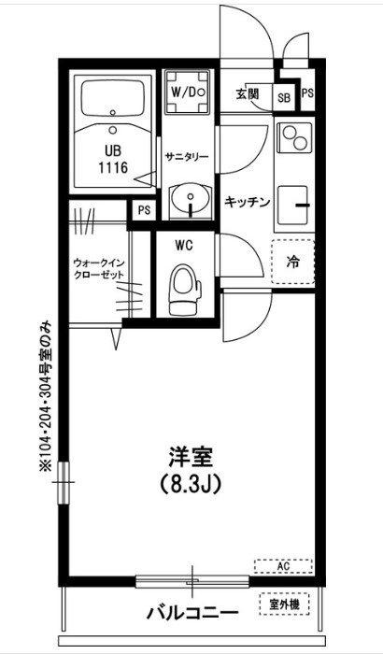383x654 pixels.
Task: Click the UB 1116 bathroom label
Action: [x=111, y=160]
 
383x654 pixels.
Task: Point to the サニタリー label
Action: [x=185, y=156]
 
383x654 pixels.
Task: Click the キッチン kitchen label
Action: [x=248, y=200]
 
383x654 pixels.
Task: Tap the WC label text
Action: [x=183, y=247]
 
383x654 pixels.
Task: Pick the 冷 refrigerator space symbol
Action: [x=292, y=262]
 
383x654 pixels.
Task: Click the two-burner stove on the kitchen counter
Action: [x=295, y=137]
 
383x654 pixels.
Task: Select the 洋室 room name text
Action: [x=191, y=458]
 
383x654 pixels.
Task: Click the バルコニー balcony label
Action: [x=191, y=613]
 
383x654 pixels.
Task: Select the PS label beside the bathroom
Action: [x=144, y=210]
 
